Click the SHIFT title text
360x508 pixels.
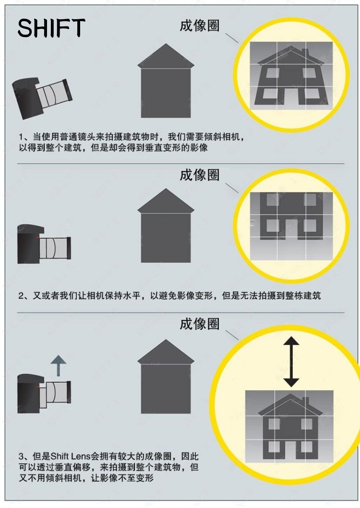pos(51,28)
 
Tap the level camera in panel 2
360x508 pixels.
pos(44,243)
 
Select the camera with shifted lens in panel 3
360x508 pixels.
pos(44,393)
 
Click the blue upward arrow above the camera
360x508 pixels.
pos(58,365)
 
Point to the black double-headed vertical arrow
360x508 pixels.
pos(291,362)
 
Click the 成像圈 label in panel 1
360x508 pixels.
pos(199,25)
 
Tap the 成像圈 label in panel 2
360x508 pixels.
pos(199,175)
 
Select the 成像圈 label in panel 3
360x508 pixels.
pos(199,324)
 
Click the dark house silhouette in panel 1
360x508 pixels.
pos(166,81)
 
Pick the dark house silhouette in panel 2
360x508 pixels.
pos(166,226)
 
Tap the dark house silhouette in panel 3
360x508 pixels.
pos(166,376)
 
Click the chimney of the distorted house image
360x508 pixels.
pos(305,54)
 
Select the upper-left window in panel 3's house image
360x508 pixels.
pos(274,424)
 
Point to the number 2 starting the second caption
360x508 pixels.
pos(21,296)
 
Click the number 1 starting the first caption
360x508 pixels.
pos(21,137)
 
